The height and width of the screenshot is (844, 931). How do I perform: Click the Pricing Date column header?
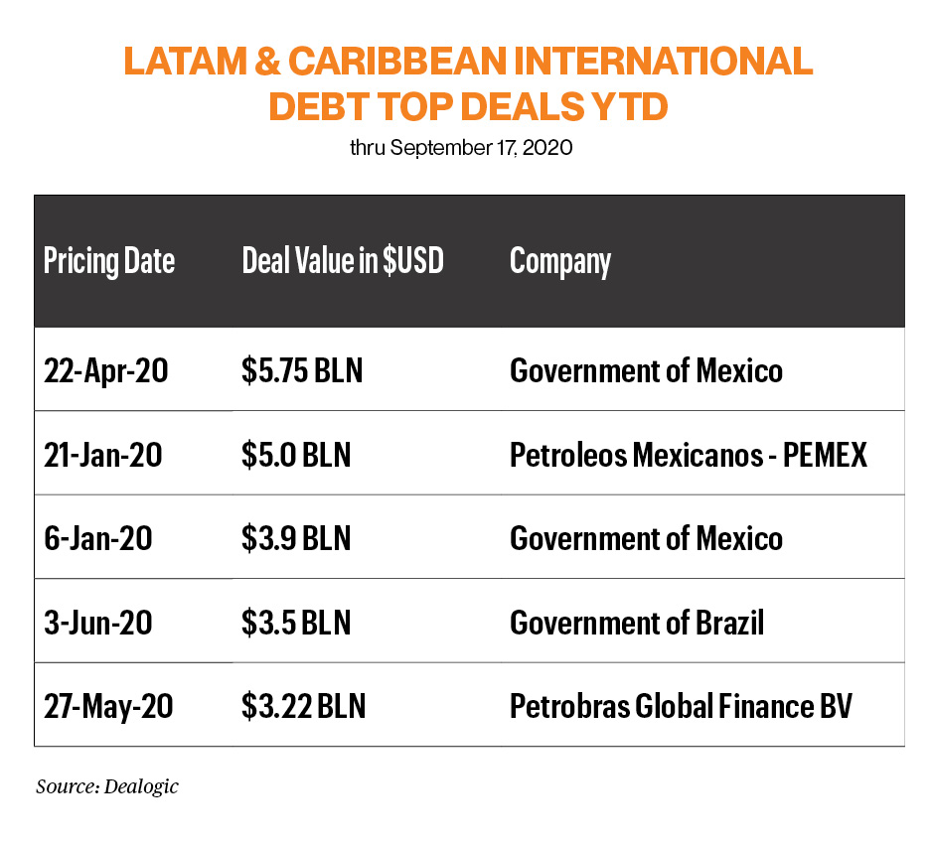109,261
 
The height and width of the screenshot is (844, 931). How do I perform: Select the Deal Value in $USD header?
342,261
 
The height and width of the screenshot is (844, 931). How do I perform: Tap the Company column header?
559,261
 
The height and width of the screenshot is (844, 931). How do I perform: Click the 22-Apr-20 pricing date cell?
106,370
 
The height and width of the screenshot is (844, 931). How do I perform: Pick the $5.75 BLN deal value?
302,370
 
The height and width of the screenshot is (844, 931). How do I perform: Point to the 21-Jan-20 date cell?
102,455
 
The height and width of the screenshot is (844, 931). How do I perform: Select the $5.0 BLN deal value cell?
296,455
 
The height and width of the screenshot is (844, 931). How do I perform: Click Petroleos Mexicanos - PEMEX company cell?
688,455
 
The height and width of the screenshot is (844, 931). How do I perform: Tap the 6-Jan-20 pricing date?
97,538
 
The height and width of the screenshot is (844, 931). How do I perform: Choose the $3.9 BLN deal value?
296,538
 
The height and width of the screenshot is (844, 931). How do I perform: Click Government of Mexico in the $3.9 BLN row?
646,538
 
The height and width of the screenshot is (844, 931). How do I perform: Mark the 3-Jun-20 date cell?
97,623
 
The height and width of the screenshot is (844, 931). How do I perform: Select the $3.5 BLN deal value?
296,623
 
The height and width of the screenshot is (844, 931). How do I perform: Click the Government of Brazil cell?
637,623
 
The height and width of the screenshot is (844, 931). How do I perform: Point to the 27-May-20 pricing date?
108,707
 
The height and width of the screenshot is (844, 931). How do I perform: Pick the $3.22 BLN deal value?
303,707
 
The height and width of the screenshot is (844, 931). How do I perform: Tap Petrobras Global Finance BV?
681,707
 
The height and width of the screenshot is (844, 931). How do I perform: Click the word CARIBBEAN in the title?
390,62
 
